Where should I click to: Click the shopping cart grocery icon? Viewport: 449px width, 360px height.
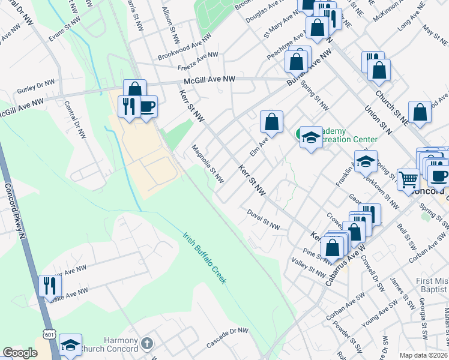pyautogui.click(x=408, y=178)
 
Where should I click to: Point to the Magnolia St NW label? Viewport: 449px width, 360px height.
pyautogui.click(x=208, y=164)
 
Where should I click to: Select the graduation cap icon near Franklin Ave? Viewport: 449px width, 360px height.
pyautogui.click(x=366, y=161)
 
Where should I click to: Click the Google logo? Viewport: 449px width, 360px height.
pyautogui.click(x=20, y=353)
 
